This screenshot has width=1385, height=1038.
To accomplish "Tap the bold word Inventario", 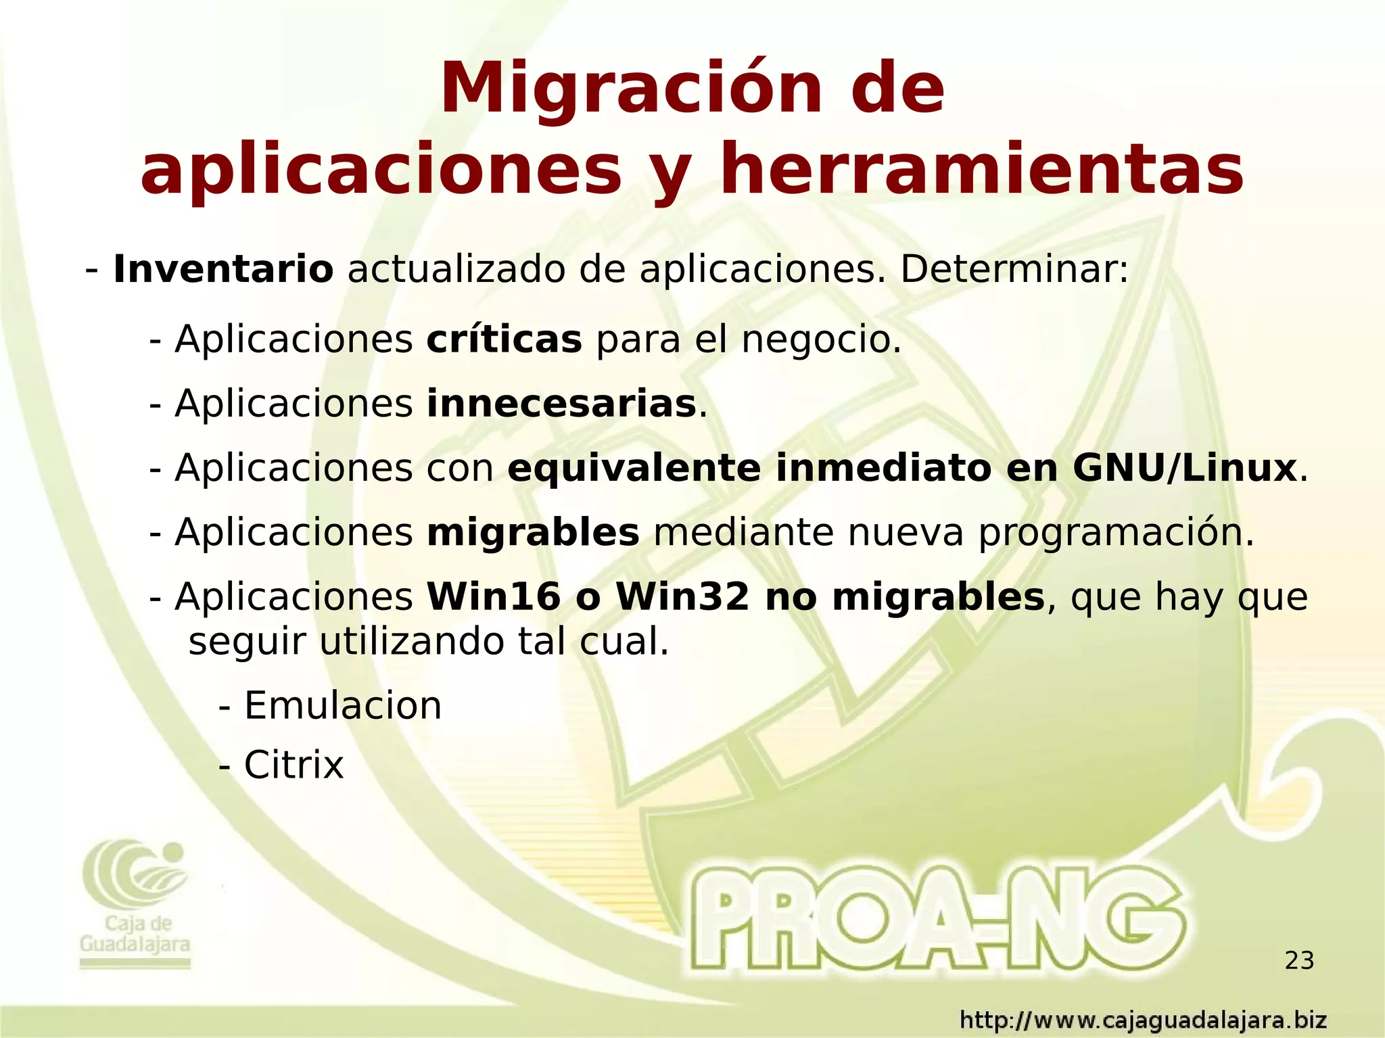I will tap(223, 270).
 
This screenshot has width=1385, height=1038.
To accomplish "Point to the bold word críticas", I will tap(504, 339).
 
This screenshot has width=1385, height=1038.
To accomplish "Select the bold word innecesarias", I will tap(561, 404).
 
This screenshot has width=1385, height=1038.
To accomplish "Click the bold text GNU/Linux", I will tap(1184, 469).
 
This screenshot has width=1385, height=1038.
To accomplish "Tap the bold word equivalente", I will tap(634, 469).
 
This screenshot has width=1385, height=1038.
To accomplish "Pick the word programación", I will tap(1116, 533).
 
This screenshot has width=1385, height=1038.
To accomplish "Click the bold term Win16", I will tap(494, 597).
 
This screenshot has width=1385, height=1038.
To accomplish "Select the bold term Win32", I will tap(683, 597).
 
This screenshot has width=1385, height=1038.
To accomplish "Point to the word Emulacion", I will tap(343, 706).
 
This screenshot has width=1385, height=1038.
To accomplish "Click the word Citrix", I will tap(294, 765).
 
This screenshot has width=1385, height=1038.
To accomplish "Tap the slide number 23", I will tap(1299, 960).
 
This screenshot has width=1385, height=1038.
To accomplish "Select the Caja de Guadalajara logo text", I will tap(135, 934).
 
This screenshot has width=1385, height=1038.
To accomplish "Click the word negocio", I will tap(821, 339).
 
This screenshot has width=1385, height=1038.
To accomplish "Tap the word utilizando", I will tap(411, 642).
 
